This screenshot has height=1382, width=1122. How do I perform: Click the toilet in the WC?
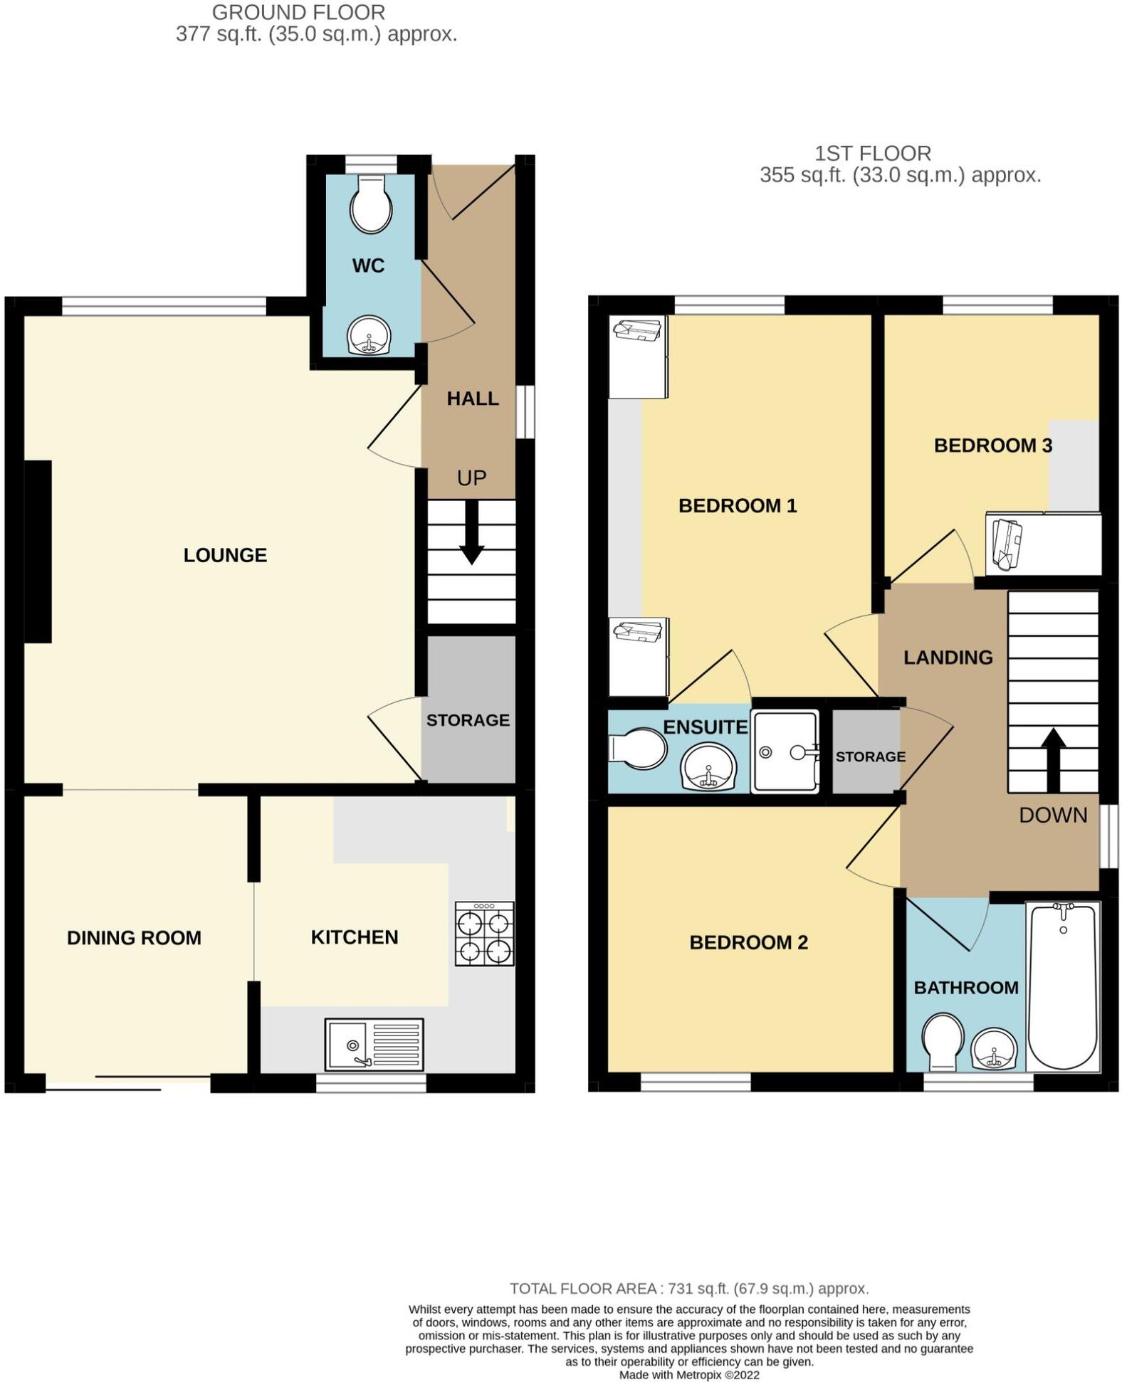[371, 204]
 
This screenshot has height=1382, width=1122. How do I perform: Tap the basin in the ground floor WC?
[369, 335]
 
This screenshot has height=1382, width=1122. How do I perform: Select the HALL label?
[472, 399]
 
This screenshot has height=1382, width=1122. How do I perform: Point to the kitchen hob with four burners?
[484, 934]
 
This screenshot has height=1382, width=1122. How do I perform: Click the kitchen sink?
[374, 1045]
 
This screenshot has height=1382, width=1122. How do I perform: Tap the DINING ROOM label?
[134, 938]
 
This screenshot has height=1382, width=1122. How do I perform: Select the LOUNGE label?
[225, 555]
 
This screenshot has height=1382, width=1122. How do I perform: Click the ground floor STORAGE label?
[468, 720]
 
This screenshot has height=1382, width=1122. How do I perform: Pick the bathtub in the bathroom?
[1063, 986]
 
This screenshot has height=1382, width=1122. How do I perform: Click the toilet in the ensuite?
[639, 749]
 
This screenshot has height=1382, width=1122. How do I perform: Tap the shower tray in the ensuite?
[785, 751]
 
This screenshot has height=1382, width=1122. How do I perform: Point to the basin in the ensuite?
[708, 769]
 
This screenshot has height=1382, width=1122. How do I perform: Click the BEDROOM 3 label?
[992, 445]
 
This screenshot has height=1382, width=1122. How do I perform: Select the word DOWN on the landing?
[1053, 816]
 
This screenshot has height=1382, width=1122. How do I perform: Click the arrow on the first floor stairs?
[1053, 758]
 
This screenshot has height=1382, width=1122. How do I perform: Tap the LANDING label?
[948, 658]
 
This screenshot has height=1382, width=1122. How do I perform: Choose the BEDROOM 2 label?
[748, 943]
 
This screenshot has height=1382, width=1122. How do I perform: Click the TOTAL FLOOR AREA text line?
[688, 1289]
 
